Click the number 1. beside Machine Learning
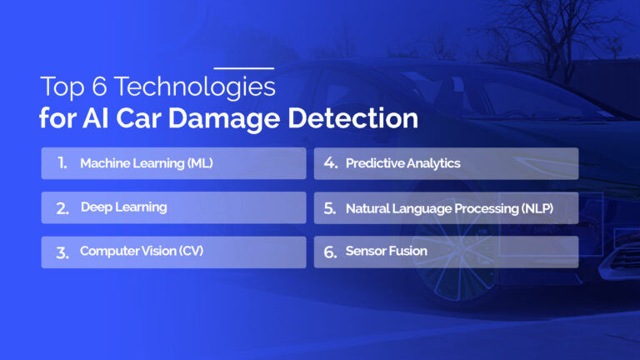tap(62, 163)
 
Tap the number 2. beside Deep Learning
tap(62, 208)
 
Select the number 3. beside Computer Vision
tap(62, 252)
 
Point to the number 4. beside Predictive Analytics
tap(330, 163)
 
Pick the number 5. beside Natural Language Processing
tap(330, 208)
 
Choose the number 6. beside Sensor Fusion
tap(330, 252)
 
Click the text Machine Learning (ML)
tap(147, 163)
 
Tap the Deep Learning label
tap(123, 207)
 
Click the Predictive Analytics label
tap(403, 163)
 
